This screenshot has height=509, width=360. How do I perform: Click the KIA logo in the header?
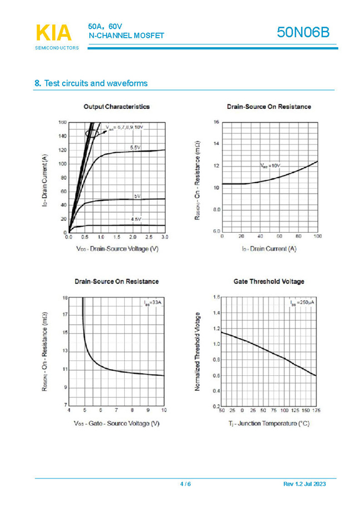click(54, 33)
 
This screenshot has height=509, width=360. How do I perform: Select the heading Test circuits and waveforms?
click(91, 83)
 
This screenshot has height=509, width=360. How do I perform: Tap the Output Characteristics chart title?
click(116, 107)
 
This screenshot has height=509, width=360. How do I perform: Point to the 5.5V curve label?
click(135, 148)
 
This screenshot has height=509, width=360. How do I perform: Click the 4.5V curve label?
click(136, 220)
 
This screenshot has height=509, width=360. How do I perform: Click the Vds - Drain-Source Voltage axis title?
click(117, 249)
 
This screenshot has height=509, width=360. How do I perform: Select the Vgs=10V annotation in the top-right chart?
click(270, 166)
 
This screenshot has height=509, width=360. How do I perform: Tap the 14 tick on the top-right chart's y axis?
click(216, 144)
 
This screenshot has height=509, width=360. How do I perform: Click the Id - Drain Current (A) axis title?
click(269, 249)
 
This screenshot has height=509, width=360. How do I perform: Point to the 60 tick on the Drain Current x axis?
click(280, 236)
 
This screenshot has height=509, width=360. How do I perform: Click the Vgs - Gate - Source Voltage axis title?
click(116, 424)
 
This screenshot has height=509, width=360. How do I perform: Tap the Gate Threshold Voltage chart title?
click(268, 281)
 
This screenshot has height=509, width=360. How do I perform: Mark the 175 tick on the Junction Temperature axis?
click(316, 411)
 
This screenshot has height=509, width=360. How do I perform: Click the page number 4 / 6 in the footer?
click(185, 484)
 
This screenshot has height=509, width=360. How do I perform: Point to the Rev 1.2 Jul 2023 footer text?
click(305, 484)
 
